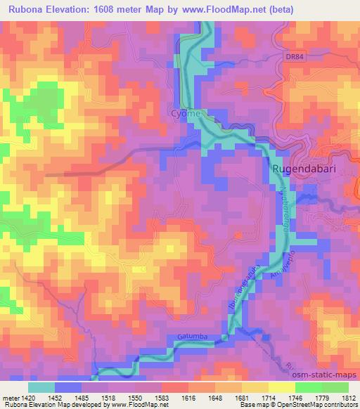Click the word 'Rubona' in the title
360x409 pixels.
(x=26, y=11)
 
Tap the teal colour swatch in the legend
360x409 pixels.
(x=41, y=387)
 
